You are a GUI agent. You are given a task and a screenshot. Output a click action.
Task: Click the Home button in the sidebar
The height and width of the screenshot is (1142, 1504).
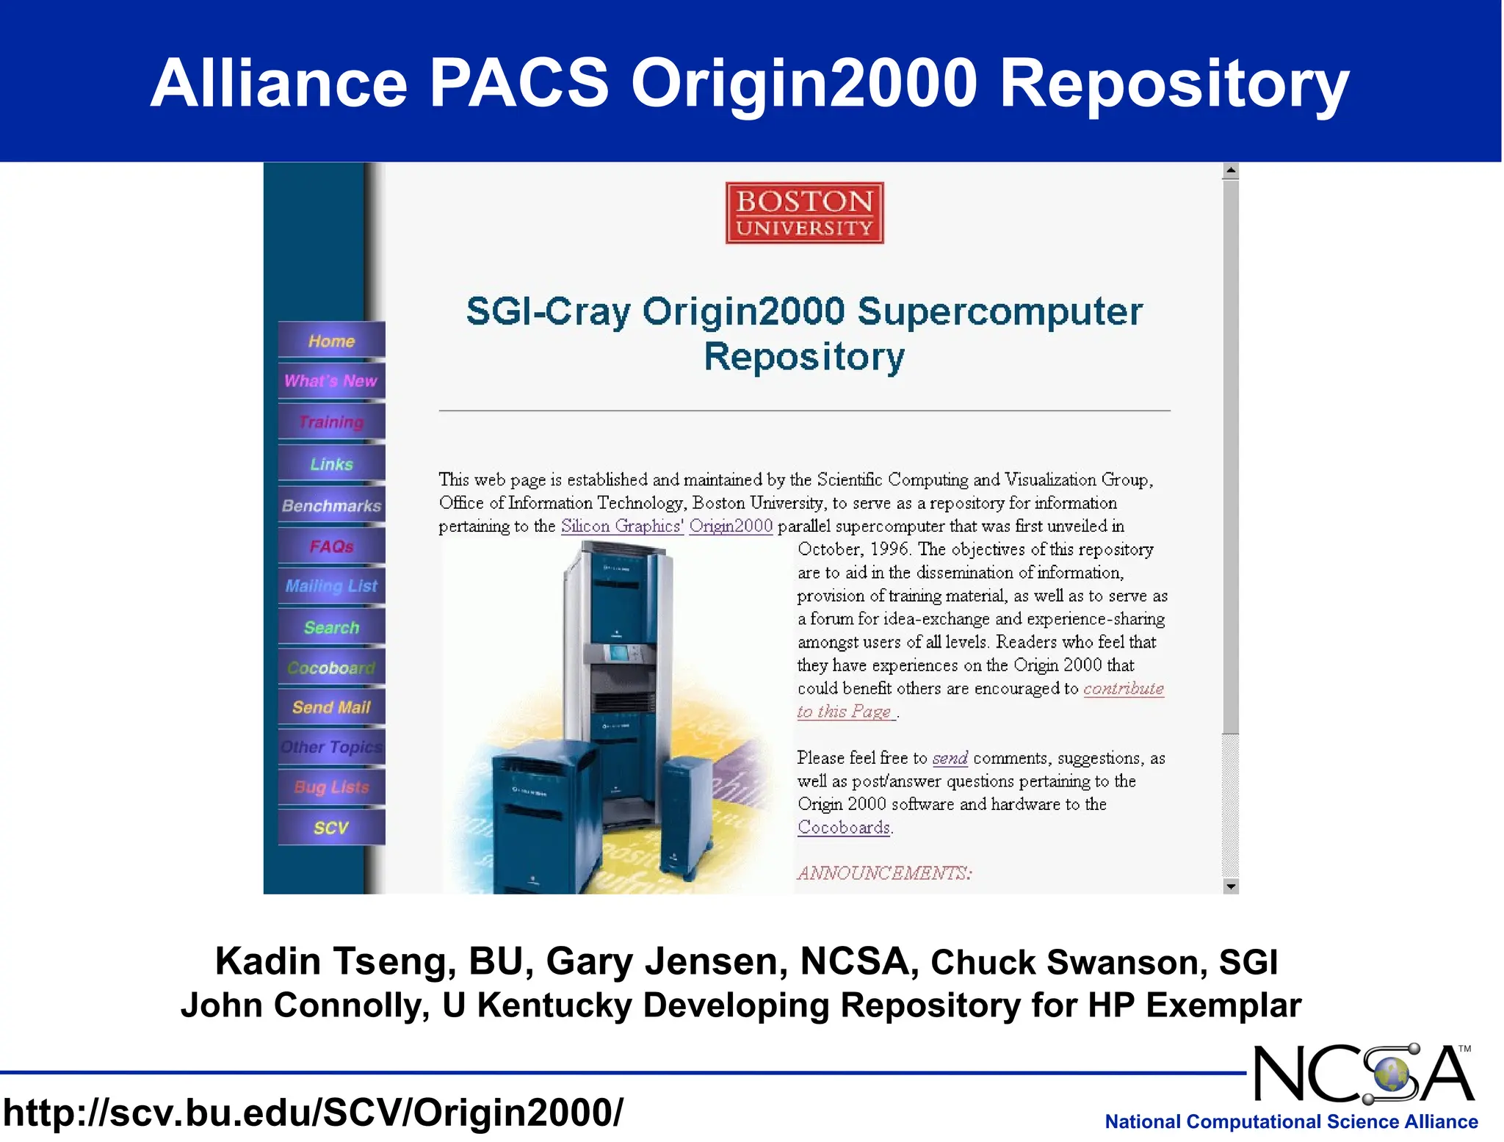click(331, 341)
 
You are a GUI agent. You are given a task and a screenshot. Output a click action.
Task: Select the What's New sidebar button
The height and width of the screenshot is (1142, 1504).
click(331, 380)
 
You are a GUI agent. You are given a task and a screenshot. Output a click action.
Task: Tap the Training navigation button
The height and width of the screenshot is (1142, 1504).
click(331, 422)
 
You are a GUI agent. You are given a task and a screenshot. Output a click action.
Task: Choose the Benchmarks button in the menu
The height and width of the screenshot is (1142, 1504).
click(331, 505)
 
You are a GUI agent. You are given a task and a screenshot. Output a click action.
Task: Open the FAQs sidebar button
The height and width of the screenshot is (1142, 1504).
click(331, 546)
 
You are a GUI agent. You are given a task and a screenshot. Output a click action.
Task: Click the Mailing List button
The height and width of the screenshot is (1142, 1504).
click(331, 586)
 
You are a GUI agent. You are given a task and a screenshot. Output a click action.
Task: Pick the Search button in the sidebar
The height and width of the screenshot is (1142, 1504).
click(331, 627)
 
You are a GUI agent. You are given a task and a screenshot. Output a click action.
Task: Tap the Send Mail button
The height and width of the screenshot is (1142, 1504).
click(331, 707)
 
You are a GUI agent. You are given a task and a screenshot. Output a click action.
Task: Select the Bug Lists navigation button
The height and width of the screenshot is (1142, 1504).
click(331, 787)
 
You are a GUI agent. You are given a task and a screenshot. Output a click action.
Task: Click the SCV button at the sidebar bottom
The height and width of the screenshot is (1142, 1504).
click(331, 828)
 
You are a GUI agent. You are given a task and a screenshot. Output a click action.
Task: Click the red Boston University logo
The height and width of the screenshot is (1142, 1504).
click(804, 213)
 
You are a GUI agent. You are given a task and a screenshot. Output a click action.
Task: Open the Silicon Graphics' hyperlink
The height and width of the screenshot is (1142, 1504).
click(622, 526)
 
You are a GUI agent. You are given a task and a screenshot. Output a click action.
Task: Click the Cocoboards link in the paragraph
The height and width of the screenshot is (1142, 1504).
click(844, 827)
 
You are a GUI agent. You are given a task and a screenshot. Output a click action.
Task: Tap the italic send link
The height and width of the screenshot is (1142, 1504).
click(950, 758)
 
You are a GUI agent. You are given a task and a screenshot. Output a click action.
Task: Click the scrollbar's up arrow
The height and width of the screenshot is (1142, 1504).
click(1231, 171)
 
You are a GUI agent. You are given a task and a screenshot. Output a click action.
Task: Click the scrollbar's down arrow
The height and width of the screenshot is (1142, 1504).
click(1231, 886)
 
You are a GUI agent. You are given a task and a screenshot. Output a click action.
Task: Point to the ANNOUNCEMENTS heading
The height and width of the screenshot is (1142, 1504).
click(885, 872)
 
